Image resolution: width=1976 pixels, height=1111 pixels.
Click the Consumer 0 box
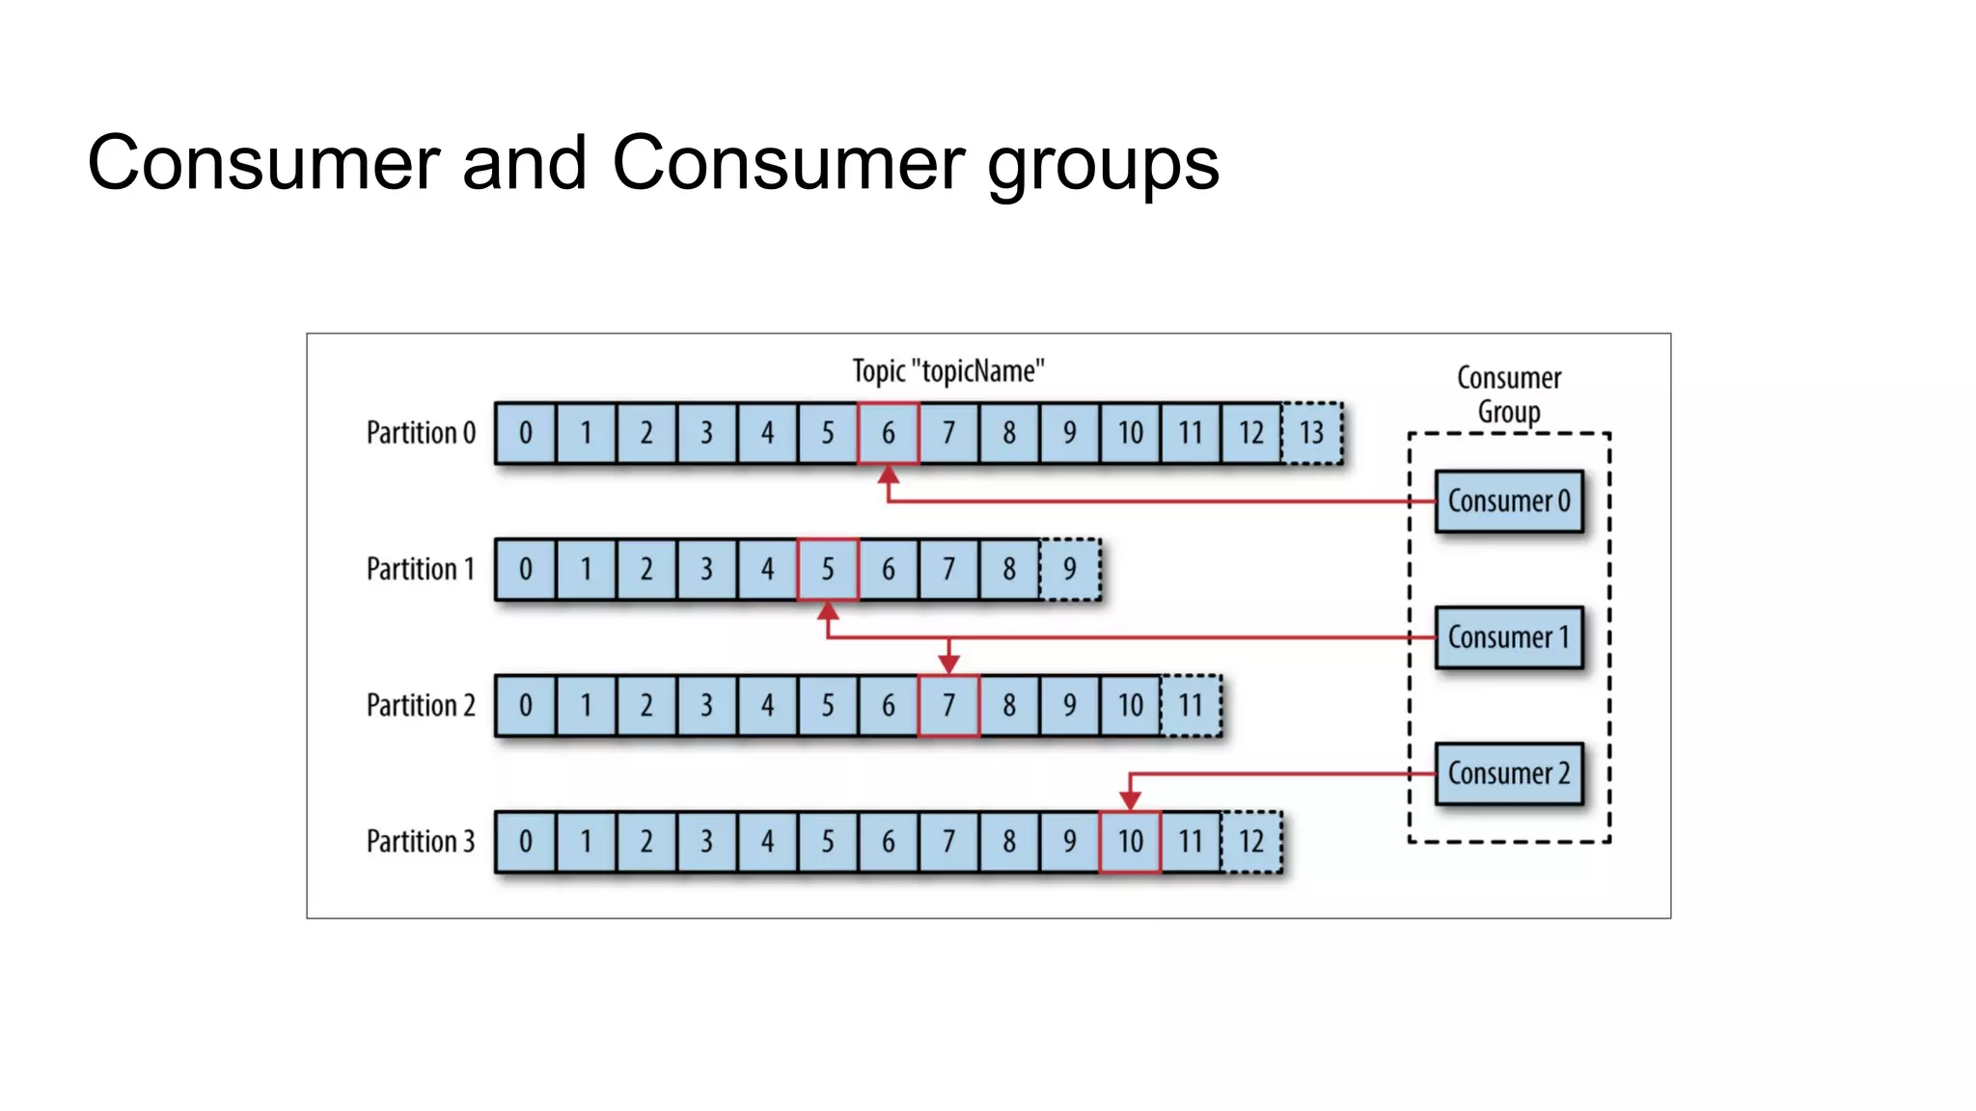[x=1508, y=501]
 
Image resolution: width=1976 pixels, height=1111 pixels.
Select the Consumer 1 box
[x=1508, y=637]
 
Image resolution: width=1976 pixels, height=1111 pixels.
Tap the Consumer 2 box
[x=1508, y=772]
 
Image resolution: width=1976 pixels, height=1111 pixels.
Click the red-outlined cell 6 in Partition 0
[x=888, y=432]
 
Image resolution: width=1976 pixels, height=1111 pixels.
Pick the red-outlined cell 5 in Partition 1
[x=827, y=569]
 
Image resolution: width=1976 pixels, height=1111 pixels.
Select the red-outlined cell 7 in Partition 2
[x=948, y=705]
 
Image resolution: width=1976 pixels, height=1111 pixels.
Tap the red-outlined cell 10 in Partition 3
[x=1130, y=841]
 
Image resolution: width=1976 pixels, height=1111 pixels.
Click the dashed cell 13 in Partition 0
[x=1311, y=432]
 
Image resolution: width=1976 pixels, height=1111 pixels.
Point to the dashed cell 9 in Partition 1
[x=1069, y=569]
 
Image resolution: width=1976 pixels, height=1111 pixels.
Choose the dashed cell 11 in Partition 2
[x=1191, y=705]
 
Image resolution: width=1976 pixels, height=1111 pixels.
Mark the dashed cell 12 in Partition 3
[x=1251, y=841]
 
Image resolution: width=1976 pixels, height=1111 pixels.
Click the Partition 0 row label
[x=421, y=432]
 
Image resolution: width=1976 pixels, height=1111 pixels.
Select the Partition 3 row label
[x=421, y=841]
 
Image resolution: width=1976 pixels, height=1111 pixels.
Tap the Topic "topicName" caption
[x=948, y=371]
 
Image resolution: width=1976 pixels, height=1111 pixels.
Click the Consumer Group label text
[x=1509, y=393]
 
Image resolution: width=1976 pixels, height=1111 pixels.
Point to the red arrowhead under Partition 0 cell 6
[x=889, y=474]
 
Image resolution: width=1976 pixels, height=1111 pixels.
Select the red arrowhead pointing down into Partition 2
[x=948, y=664]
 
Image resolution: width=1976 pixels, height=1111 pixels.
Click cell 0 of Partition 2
[x=525, y=705]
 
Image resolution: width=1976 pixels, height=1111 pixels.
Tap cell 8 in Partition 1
[x=1008, y=569]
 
